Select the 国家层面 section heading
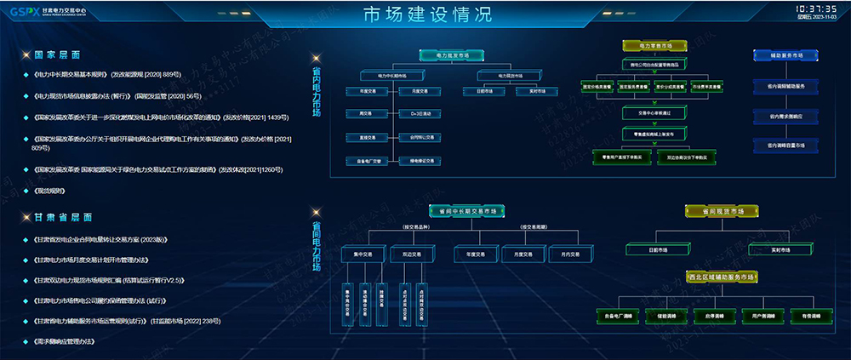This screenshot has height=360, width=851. (57, 54)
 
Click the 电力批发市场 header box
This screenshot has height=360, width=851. (452, 54)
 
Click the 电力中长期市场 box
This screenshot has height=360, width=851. (391, 76)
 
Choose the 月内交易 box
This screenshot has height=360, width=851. (559, 254)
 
